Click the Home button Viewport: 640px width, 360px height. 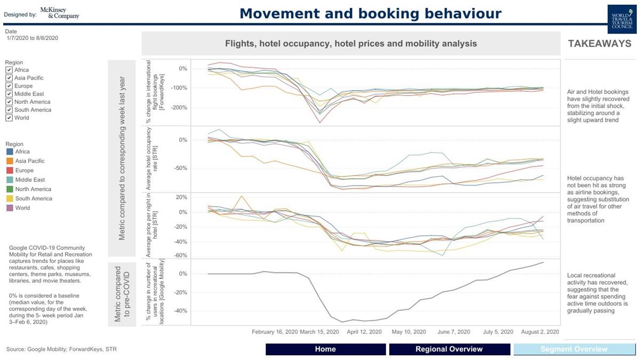coord(325,349)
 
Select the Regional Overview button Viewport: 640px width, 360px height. coord(449,349)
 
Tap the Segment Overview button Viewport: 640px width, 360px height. coord(573,349)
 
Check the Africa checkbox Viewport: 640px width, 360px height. coord(9,70)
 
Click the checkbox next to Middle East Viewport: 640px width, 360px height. coord(9,94)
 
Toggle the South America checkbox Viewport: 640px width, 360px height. coord(9,110)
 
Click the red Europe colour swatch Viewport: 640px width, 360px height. coord(9,171)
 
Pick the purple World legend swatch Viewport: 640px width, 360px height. coord(9,208)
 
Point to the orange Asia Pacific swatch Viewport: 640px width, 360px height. coord(9,161)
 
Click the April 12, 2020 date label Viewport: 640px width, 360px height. coord(364,332)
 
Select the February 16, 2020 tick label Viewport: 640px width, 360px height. coord(275,332)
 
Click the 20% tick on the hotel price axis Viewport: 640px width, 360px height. coord(181,197)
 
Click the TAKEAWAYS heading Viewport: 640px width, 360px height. coord(599,44)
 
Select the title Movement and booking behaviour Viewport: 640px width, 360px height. coord(371,13)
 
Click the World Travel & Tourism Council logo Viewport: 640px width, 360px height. coord(622,20)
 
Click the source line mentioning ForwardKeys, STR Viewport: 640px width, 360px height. coord(61,349)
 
